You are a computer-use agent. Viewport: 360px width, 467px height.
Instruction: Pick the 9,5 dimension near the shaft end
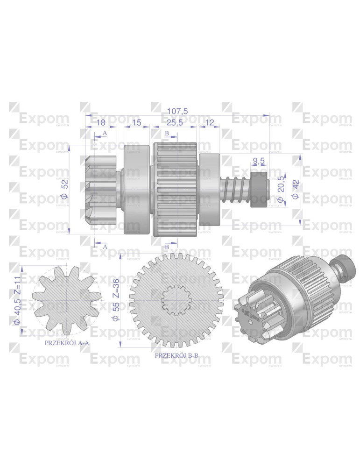pyautogui.click(x=259, y=162)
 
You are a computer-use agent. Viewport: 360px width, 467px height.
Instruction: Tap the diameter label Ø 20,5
pyautogui.click(x=281, y=190)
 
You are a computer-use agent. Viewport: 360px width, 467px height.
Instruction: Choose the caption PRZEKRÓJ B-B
pyautogui.click(x=176, y=355)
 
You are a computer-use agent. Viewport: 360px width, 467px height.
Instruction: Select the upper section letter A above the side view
pyautogui.click(x=105, y=133)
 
